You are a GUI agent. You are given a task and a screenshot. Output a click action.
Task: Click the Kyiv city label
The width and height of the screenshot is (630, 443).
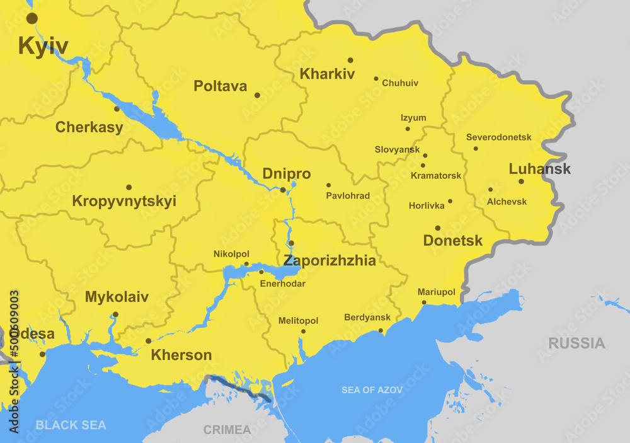click(43, 46)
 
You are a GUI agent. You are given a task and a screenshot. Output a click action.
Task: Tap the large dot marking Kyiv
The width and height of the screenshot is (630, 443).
click(31, 18)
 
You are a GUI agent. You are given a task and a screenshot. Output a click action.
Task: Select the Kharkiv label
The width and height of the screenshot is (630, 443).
click(327, 74)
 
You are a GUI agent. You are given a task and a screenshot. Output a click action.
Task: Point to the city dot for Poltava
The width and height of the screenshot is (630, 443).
click(257, 95)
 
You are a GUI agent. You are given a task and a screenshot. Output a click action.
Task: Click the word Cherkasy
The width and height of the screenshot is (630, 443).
click(89, 127)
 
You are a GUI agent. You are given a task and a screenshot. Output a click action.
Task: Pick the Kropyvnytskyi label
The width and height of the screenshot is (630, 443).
click(124, 202)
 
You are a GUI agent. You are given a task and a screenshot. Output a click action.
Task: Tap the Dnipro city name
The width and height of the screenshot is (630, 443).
click(286, 174)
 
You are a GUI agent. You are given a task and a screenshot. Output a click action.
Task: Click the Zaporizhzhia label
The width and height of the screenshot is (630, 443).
click(329, 261)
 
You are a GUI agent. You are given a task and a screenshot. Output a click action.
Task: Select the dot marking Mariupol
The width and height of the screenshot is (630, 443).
click(424, 302)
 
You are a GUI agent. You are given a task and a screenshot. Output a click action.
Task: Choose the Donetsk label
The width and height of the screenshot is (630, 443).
click(453, 241)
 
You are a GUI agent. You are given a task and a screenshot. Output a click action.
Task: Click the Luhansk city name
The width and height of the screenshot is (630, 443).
click(539, 169)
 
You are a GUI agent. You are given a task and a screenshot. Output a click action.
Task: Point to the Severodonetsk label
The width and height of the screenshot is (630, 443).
click(498, 137)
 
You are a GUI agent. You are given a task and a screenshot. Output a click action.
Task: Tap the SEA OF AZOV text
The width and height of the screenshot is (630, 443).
click(372, 390)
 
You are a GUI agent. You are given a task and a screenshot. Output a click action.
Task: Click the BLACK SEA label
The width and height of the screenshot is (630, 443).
click(71, 425)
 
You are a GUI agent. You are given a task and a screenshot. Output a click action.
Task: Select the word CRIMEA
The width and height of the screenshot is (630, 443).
click(227, 430)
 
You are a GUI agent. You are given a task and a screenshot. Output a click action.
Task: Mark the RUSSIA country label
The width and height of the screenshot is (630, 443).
click(576, 343)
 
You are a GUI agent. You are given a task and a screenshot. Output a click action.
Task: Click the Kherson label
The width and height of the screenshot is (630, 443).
click(181, 355)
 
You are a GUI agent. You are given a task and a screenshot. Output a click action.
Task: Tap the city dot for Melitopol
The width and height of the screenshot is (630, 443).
click(303, 331)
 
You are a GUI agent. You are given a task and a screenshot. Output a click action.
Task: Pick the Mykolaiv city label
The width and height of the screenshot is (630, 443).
click(117, 297)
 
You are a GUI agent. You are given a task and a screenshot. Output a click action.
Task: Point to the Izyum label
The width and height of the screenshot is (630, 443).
click(413, 118)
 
